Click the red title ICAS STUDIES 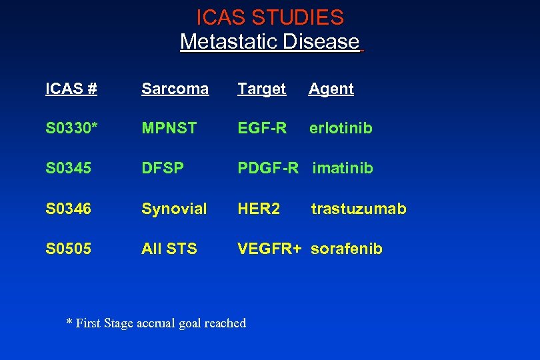[270, 17]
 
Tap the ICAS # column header [71, 89]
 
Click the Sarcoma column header [175, 89]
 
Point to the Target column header [262, 89]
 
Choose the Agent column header [331, 89]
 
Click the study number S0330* [71, 128]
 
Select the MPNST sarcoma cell [169, 128]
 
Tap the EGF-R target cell [262, 128]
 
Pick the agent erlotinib [341, 128]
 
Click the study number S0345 [69, 168]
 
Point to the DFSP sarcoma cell [163, 168]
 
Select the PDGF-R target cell [268, 168]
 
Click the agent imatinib [343, 168]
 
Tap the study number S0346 [69, 209]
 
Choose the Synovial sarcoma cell [174, 209]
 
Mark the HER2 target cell [259, 209]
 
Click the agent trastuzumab [359, 209]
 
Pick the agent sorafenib [347, 249]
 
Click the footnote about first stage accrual [156, 323]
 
